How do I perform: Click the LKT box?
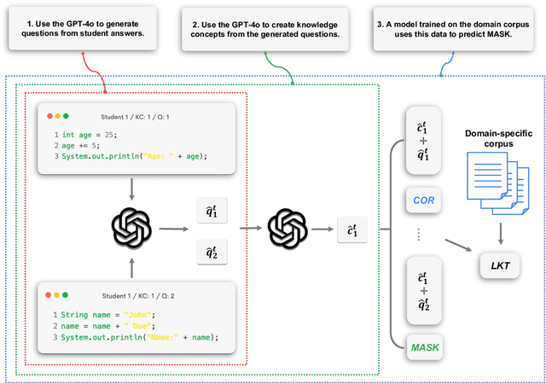point(499,266)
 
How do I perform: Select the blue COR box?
point(423,200)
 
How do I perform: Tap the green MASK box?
point(424,348)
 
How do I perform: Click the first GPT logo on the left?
point(131,228)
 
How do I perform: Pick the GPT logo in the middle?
point(286,228)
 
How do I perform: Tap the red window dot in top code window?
point(50,115)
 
